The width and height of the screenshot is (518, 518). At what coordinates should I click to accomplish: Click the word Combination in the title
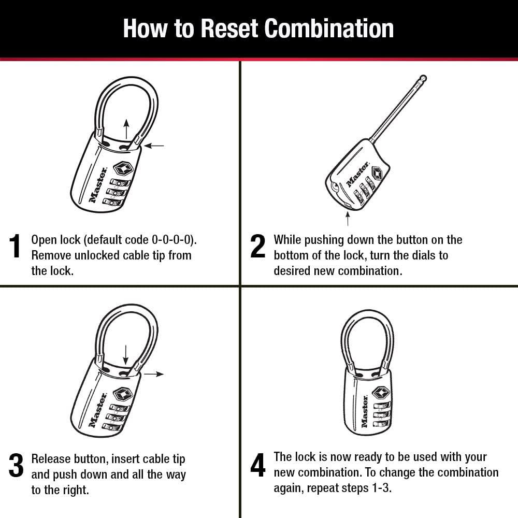329,28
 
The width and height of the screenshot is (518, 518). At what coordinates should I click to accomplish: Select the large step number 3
16,466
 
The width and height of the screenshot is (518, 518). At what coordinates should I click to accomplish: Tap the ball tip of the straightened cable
423,78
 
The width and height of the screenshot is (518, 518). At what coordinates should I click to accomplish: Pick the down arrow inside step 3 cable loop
125,354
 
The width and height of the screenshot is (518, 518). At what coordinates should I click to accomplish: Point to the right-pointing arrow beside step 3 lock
154,373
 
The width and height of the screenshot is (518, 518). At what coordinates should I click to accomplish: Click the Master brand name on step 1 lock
98,184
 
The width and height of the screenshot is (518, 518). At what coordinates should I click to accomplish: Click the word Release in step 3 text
51,459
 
